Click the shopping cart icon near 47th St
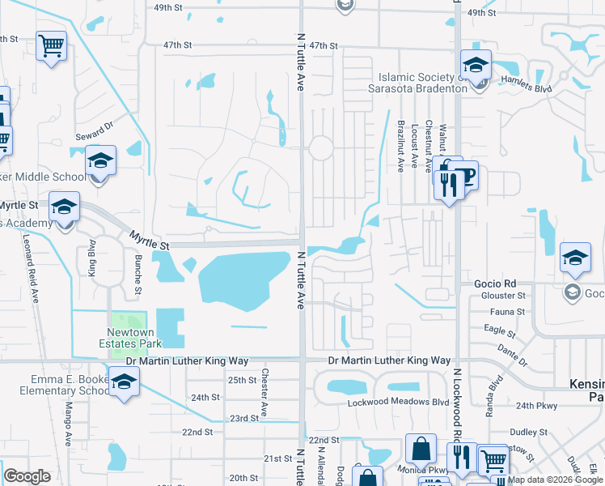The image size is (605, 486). [51, 45]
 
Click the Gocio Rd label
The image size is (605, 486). [494, 284]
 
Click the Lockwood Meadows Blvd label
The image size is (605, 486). [397, 403]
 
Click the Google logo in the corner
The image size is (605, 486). [27, 476]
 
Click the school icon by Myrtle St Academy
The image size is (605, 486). [64, 207]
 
